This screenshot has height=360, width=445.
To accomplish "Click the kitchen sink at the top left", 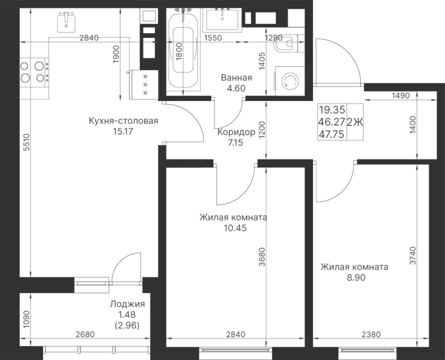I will pos(67,22).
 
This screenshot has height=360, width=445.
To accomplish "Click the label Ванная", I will pos(237,78).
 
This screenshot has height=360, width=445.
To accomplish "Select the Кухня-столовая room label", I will pos(123,121).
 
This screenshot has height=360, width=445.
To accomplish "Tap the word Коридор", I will pos(236,133).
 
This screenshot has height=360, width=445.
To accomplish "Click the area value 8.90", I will pos(353,278).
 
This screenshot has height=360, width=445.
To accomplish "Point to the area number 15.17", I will pos(123,132).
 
